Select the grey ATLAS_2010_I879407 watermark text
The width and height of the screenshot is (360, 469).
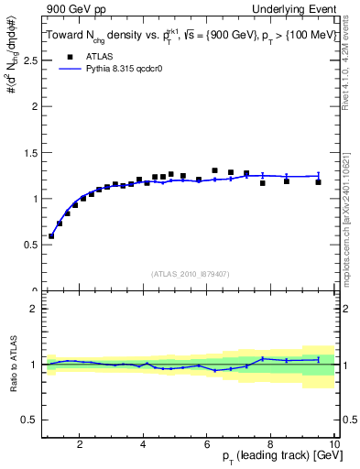[x=190, y=272]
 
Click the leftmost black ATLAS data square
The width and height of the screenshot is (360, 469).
[x=51, y=235]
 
